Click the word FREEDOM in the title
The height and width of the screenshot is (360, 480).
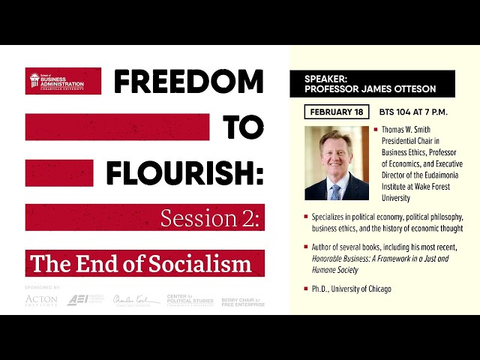188,82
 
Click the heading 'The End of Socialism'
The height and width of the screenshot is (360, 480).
141,263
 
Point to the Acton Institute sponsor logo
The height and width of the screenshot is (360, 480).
40,300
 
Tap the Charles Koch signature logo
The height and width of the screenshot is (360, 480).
136,300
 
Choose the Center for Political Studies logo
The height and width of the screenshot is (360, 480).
188,300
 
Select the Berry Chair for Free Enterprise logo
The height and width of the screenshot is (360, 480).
242,301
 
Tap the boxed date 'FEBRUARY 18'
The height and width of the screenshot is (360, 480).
337,112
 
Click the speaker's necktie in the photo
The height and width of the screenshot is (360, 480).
335,190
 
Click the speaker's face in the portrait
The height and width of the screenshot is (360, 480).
335,152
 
